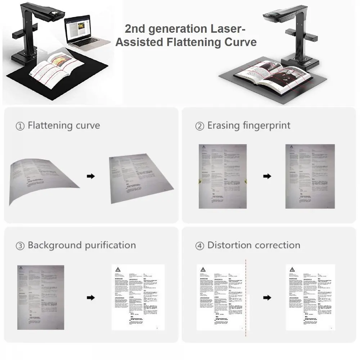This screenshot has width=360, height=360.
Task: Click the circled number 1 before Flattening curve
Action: point(20,126)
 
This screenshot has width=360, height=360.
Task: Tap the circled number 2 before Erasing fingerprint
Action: point(199,126)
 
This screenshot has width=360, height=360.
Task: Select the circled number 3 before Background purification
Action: point(20,246)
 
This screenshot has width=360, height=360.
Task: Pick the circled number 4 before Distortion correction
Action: point(199,246)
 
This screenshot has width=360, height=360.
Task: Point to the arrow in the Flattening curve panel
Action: point(91,176)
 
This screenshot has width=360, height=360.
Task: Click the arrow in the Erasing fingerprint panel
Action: point(267,176)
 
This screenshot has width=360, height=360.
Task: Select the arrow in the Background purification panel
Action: point(91,297)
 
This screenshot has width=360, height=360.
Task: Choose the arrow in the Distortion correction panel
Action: point(267,297)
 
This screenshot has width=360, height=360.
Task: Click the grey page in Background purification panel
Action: point(41,297)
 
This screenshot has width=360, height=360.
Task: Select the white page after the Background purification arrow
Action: point(138,297)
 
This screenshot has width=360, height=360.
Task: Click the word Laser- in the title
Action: point(230,29)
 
